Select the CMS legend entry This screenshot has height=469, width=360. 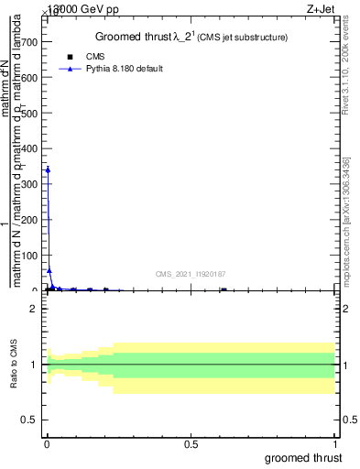click(94, 56)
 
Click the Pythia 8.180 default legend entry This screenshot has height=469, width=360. click(111, 69)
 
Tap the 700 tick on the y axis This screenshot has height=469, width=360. click(31, 42)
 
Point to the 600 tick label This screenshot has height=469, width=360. click(31, 78)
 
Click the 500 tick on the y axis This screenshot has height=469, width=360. click(31, 114)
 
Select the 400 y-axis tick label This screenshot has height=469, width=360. click(31, 148)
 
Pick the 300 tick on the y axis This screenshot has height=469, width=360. click(31, 184)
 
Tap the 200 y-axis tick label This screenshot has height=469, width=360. click(31, 220)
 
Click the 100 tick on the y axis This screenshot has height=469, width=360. click(31, 256)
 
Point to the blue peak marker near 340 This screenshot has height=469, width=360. click(48, 169)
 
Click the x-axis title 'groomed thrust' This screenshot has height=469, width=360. click(305, 457)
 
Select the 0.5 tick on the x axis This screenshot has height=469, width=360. click(191, 444)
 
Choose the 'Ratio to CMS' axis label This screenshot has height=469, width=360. click(15, 365)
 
